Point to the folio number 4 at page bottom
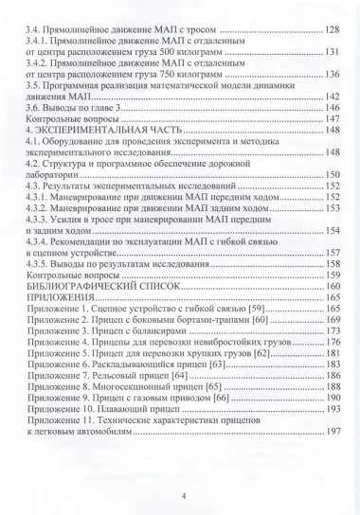pyautogui.click(x=181, y=495)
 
